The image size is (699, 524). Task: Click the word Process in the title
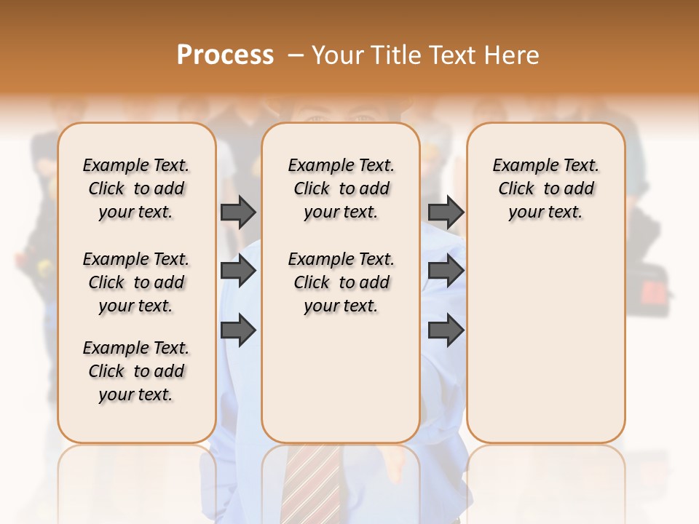225,55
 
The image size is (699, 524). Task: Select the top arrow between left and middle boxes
238,213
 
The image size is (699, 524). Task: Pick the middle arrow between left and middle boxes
238,271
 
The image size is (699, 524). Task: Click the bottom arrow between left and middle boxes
238,330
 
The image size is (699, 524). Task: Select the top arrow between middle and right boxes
446,213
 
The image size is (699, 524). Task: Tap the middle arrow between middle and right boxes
446,271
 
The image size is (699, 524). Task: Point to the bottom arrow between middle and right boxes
446,330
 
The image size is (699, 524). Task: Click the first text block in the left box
136,188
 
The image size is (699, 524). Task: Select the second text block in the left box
136,282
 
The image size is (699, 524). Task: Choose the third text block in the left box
136,371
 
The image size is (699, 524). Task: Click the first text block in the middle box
341,188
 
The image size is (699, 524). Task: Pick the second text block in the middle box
341,282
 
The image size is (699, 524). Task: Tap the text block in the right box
545,188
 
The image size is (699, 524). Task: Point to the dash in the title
296,55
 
